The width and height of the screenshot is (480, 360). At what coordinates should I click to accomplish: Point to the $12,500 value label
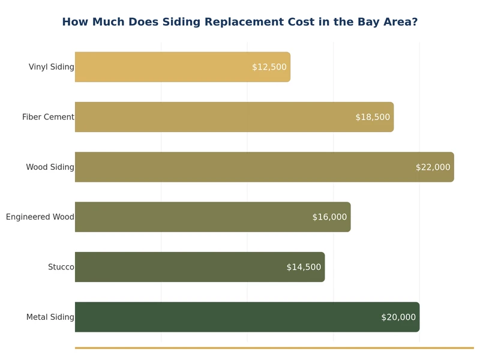tap(269, 67)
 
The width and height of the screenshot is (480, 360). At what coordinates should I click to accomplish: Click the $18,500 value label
tap(373, 117)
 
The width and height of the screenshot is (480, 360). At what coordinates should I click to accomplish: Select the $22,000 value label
tap(433, 167)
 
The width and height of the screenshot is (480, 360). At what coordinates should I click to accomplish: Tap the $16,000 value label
tap(329, 217)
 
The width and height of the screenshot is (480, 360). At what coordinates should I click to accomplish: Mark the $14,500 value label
tap(304, 267)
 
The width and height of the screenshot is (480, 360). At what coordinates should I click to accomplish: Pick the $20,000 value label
tap(398, 317)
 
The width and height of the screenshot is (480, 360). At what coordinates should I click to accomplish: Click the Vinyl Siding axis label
tap(52, 67)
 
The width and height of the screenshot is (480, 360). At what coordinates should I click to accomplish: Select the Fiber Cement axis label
tap(48, 117)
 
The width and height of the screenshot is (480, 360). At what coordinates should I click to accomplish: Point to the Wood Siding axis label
tap(50, 167)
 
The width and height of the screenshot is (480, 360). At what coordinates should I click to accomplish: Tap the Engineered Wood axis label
tap(40, 217)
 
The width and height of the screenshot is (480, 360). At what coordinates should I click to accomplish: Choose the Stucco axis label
tap(61, 267)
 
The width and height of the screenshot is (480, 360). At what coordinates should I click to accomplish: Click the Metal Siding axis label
tap(50, 317)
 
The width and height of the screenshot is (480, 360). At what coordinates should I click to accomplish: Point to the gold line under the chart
tap(274, 347)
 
